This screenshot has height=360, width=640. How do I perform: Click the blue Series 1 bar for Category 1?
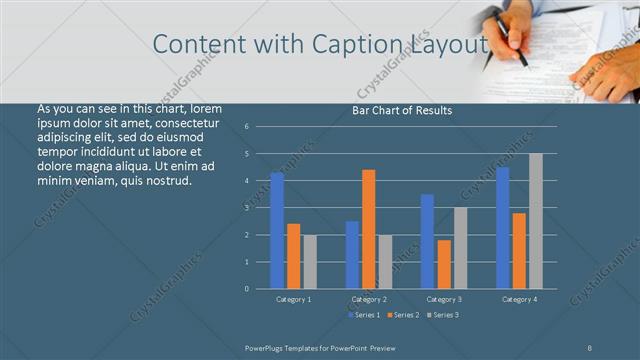click(277, 230)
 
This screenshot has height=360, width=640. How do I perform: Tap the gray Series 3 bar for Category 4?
click(535, 221)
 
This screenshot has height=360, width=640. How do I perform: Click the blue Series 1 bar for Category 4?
click(503, 228)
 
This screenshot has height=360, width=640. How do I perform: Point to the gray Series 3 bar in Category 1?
click(309, 261)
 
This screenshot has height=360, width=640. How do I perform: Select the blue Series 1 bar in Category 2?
click(352, 254)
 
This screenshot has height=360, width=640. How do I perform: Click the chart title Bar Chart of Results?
click(402, 110)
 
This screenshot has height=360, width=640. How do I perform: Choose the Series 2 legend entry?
click(403, 315)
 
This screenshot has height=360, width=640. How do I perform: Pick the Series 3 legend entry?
click(443, 315)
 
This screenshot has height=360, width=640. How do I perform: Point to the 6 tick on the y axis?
click(246, 127)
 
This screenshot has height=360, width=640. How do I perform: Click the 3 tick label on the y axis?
click(246, 208)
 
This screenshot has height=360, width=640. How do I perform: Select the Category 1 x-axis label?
click(293, 299)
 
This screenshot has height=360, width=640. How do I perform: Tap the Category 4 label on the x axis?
click(519, 299)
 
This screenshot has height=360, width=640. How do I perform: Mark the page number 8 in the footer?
click(590, 346)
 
